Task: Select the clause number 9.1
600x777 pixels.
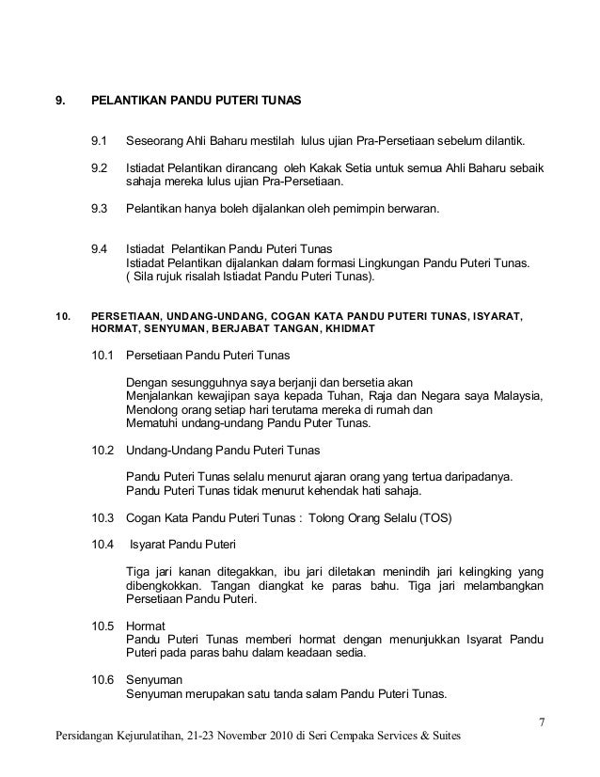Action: click(x=99, y=142)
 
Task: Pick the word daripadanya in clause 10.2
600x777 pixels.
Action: click(x=477, y=477)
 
